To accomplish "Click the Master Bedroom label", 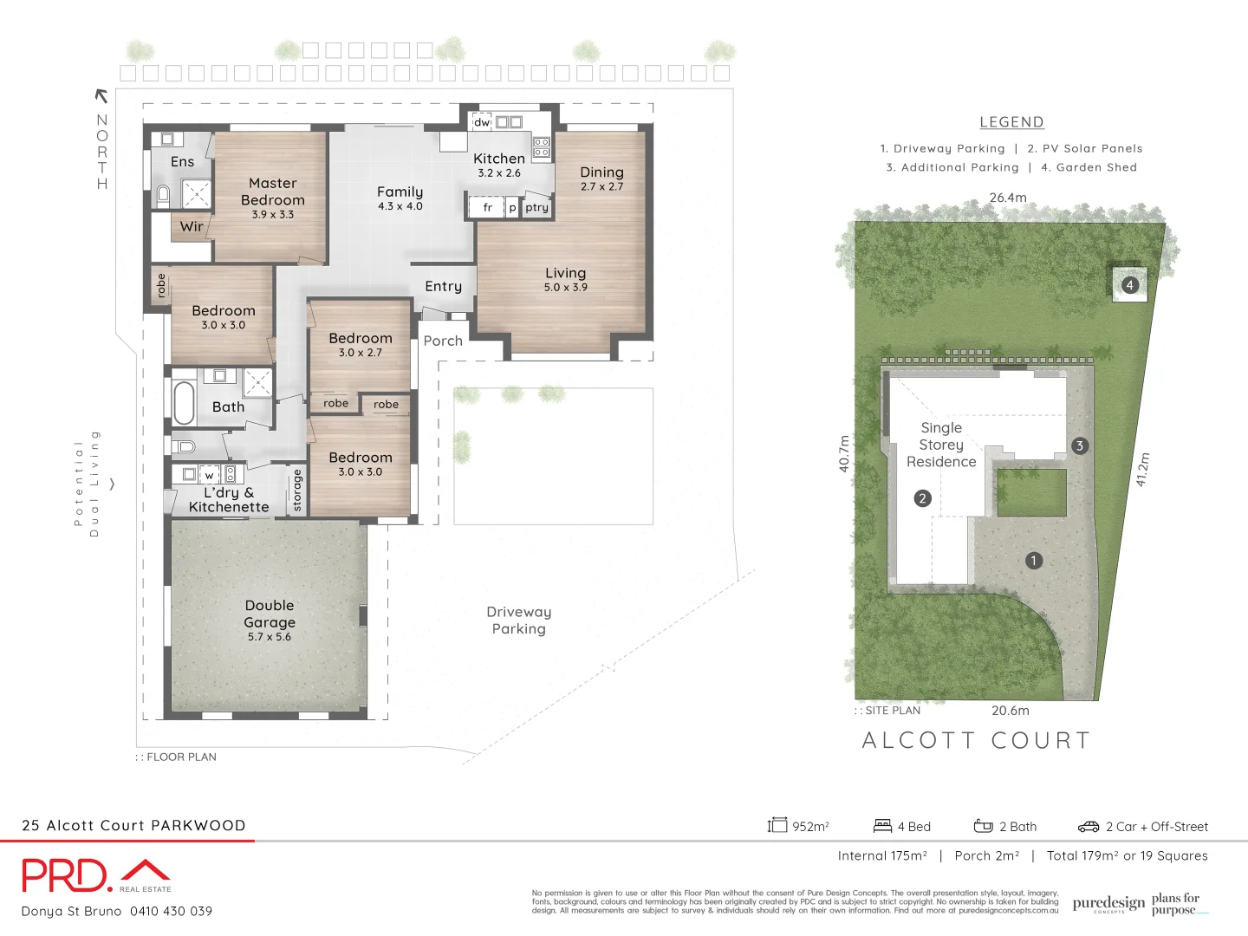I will coord(272,192).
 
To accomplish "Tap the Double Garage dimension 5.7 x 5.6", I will coord(270,637).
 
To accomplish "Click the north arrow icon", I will coord(101,95).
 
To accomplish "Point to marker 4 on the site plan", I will coord(1129,285).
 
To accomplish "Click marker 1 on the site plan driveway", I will coord(1033,561).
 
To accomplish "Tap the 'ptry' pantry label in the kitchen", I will coord(536,208).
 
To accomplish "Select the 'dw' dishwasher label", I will coord(481,123).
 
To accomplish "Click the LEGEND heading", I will coord(1011,122).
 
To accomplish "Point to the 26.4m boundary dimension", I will coord(1008,198).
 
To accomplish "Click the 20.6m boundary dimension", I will coord(1011,711).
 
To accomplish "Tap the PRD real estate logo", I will coord(95,875).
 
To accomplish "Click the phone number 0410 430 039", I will coord(171,911).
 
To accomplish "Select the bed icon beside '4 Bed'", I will coord(882,826).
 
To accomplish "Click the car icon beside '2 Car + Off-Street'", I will coord(1088,827).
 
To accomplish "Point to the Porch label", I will coord(443,341).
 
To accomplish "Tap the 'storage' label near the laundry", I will coord(297,491).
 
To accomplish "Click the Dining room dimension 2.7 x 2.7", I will coord(601,187).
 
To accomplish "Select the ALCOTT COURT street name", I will coord(977,740).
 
